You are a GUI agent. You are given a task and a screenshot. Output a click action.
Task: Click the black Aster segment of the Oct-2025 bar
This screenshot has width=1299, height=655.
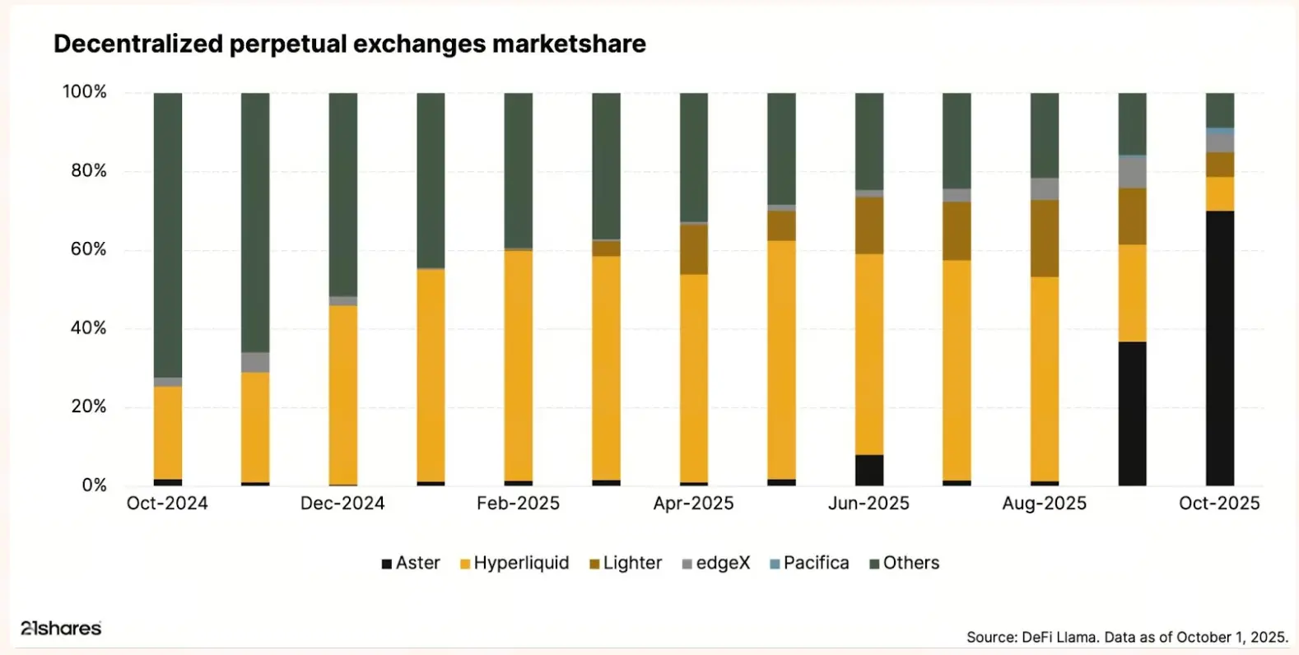point(1220,348)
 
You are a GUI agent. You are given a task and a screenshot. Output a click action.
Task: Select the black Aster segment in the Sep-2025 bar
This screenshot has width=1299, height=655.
point(1132,413)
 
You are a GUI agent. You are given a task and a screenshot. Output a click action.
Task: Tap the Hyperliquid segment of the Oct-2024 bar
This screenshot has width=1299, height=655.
point(168,433)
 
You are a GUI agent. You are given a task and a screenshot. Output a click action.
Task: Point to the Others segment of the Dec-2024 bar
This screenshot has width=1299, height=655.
point(343,194)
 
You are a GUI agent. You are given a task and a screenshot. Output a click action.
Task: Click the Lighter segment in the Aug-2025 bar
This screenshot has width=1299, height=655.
point(1045,238)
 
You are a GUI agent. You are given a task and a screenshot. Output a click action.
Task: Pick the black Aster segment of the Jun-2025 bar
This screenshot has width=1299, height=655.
point(869,470)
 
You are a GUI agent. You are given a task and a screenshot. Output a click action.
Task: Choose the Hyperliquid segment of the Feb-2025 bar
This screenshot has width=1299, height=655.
point(519,365)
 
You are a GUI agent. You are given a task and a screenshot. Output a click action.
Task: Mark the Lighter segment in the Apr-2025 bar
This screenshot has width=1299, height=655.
point(694,249)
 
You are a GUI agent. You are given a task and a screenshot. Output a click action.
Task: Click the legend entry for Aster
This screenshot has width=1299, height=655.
point(411,563)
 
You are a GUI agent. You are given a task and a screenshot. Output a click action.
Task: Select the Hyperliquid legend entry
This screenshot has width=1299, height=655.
point(514,563)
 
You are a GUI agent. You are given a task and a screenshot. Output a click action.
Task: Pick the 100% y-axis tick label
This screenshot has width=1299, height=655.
point(85,91)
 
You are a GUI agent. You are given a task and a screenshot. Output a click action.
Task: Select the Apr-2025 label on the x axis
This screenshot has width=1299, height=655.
point(693,504)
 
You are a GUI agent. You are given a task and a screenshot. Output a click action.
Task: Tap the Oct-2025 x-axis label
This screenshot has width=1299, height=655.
point(1219,504)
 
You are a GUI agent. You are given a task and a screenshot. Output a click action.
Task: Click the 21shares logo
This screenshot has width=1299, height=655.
point(61,628)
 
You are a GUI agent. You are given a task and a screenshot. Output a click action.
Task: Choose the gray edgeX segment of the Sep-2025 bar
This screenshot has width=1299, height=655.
point(1132,172)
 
